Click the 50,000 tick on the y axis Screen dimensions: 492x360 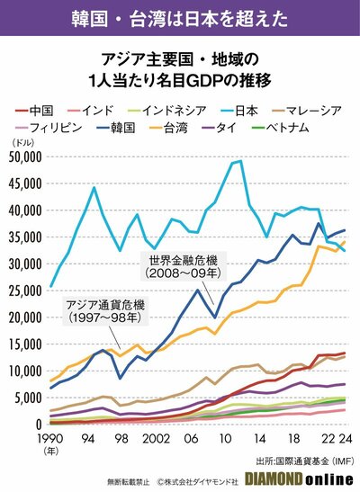(24, 157)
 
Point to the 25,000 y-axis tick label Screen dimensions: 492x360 (24, 291)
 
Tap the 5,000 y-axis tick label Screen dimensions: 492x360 (27, 398)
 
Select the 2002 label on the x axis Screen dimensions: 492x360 (151, 438)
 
